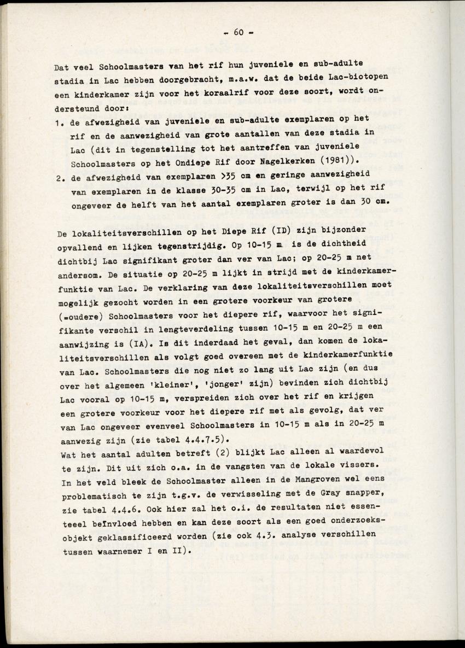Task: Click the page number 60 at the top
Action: pos(239,32)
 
